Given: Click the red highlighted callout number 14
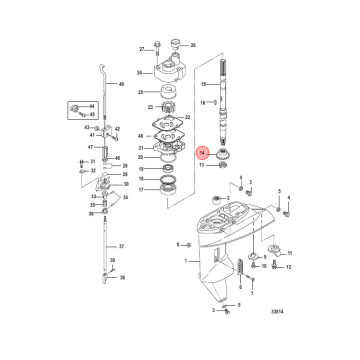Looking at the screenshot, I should coord(202,152).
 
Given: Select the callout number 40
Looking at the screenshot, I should coord(121,84).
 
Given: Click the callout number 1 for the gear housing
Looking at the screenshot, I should coord(185,261).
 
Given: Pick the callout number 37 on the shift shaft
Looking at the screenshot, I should coord(121,246).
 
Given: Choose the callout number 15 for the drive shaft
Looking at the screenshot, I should coord(203,84).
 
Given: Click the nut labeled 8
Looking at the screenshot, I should coord(188,244).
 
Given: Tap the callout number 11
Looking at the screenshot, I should coord(289,253).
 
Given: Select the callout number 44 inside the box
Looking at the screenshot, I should coord(91,106).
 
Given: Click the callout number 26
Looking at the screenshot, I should coord(193,45).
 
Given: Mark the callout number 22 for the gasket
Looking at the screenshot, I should coord(187,117).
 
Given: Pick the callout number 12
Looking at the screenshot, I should coord(288,267).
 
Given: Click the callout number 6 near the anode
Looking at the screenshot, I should coord(240,287).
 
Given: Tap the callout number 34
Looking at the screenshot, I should coord(125,197).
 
